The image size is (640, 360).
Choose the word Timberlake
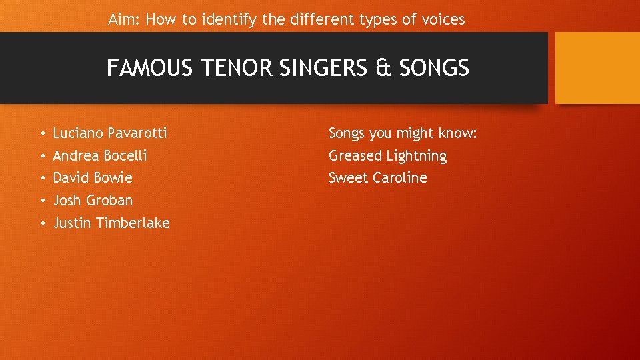click(x=133, y=223)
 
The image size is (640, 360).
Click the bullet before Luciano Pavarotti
click(x=41, y=134)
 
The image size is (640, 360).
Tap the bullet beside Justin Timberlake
click(x=41, y=223)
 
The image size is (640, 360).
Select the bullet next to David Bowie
click(x=41, y=179)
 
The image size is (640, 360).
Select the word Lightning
click(x=416, y=156)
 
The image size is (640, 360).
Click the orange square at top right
click(x=597, y=68)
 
